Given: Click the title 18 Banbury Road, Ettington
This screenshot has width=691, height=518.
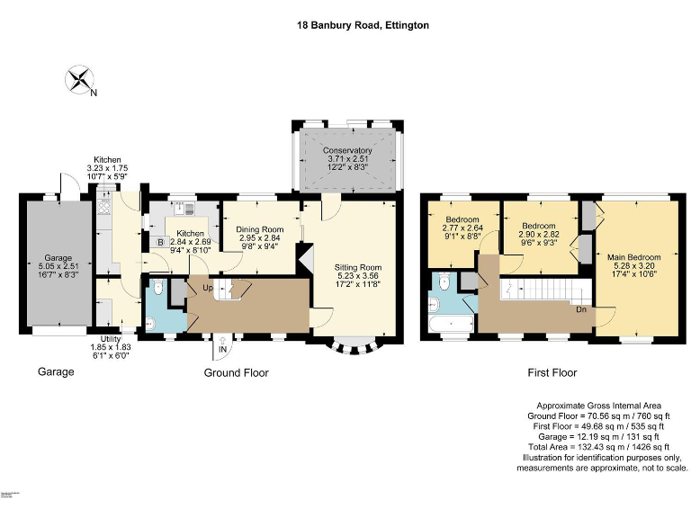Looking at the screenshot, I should tap(363, 26).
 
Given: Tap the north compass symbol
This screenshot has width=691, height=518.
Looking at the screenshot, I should tap(81, 78).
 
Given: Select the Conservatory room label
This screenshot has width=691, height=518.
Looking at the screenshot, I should tap(348, 151).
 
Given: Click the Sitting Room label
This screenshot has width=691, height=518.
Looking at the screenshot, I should tap(358, 267).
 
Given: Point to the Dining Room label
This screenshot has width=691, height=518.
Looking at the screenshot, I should tap(260, 230).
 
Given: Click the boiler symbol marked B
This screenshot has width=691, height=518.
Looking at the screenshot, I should tap(161, 242).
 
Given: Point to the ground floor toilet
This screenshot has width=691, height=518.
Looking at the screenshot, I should tap(157, 287).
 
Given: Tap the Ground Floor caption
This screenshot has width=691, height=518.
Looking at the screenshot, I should tap(236, 372).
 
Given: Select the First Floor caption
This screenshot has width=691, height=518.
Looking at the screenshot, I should tap(552, 372).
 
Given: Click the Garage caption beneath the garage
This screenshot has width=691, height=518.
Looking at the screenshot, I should tap(55, 371).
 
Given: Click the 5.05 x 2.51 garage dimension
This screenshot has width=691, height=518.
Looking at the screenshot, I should tap(58, 265).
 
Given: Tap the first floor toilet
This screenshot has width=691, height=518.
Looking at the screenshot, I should tap(444, 284).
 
